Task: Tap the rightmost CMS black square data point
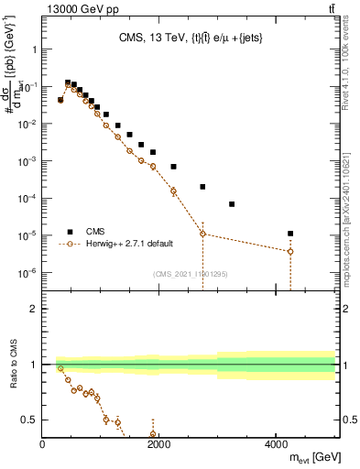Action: pos(290,234)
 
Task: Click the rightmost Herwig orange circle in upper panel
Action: pos(290,251)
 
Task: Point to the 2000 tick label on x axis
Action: pos(159,444)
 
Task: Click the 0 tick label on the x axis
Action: pos(43,444)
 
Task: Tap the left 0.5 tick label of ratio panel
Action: pos(29,420)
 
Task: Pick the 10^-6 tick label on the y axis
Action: pos(27,273)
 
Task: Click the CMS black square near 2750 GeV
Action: pos(203,187)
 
